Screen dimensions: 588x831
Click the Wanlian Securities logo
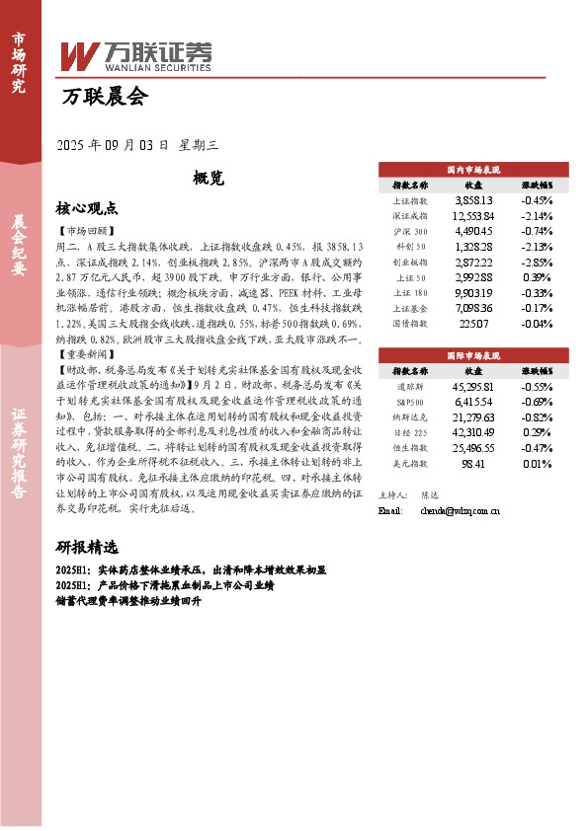point(136,57)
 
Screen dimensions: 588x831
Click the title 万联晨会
point(104,97)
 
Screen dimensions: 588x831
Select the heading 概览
point(210,178)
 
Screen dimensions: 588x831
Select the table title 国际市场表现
point(473,352)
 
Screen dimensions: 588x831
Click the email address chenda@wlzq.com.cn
point(460,511)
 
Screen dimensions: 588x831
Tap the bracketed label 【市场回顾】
point(83,230)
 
